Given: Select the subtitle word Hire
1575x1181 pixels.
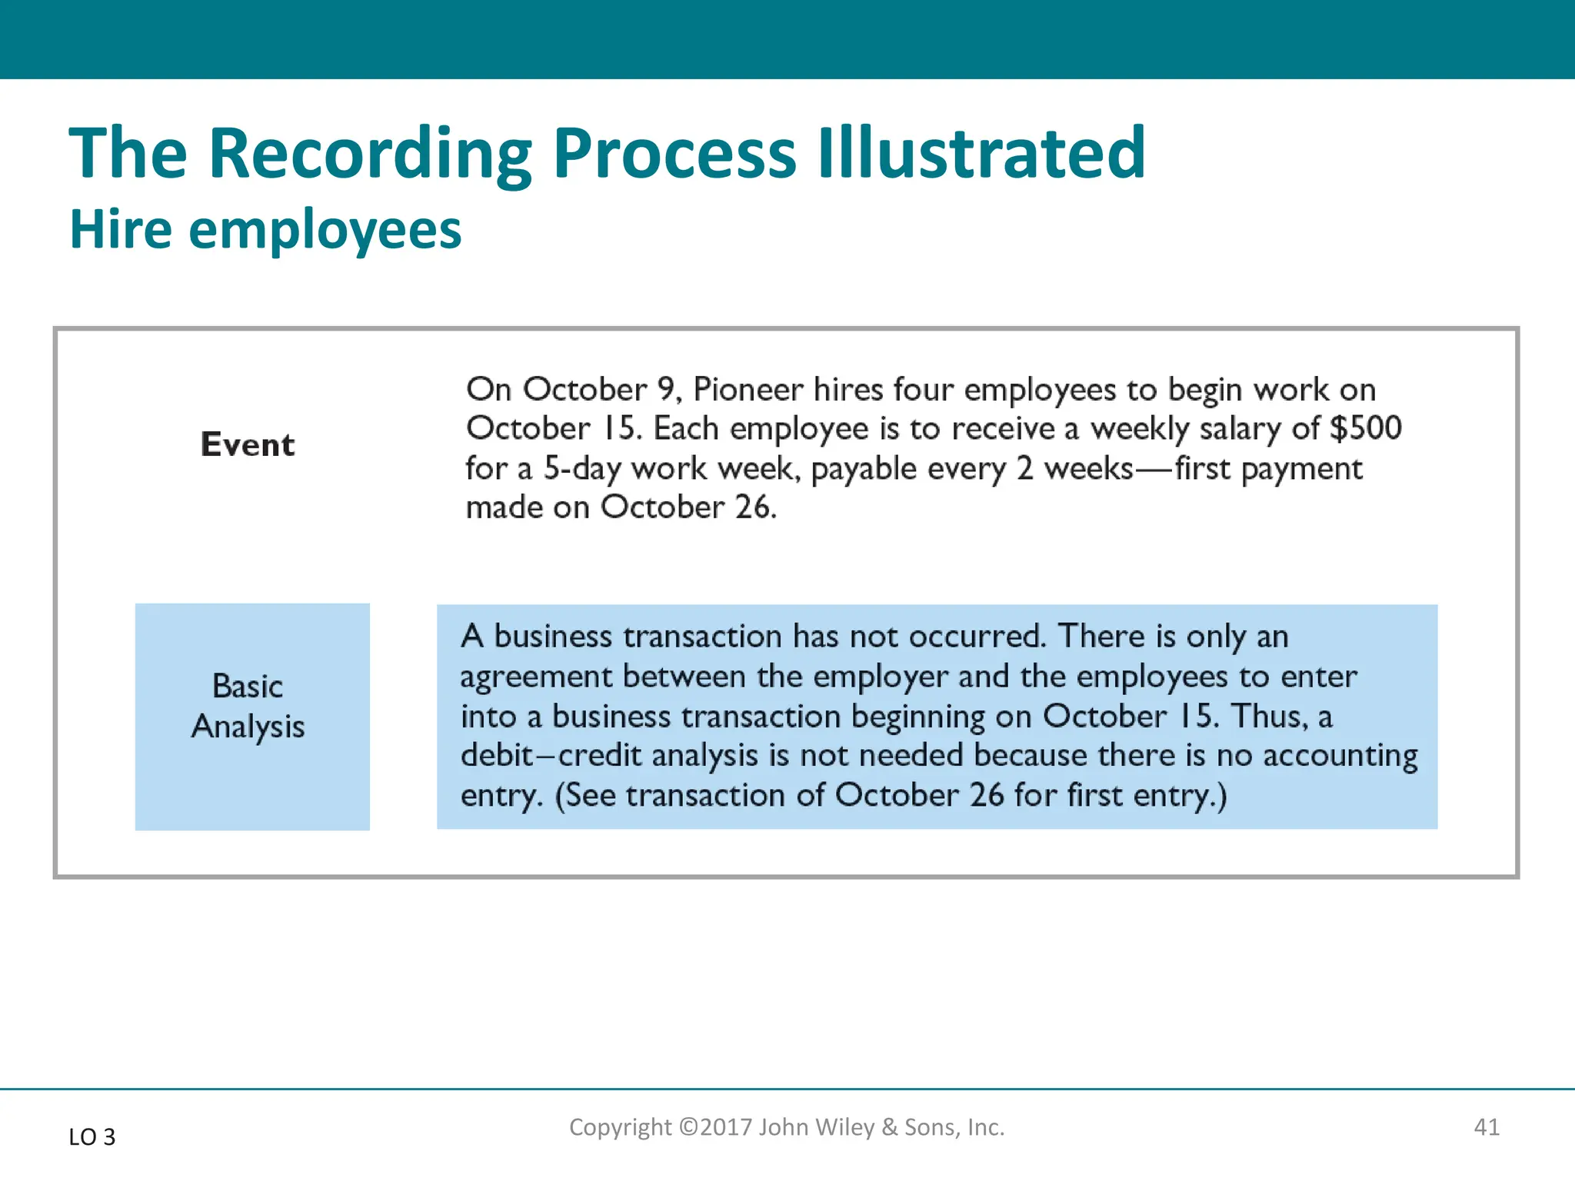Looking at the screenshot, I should tap(121, 229).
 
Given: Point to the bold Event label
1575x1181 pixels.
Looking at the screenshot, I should tap(248, 444).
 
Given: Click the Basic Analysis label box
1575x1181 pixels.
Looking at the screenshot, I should tap(252, 717).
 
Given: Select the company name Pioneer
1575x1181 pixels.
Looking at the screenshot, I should tap(748, 390).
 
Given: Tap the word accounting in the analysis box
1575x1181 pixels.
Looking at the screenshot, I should tap(1340, 756).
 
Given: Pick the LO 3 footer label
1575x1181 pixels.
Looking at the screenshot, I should tap(92, 1136).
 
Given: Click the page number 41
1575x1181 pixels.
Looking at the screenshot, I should tap(1486, 1127).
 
